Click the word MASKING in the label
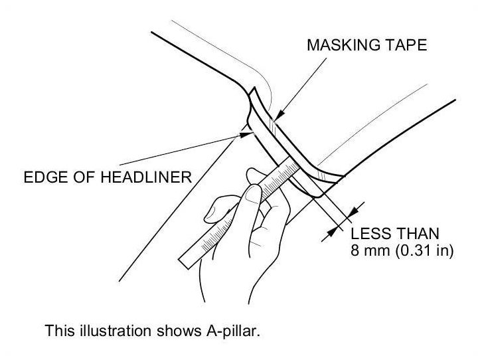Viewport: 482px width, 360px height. coord(334,46)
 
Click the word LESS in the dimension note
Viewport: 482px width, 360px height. coord(368,234)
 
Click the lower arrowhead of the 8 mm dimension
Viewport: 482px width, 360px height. coord(327,232)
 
